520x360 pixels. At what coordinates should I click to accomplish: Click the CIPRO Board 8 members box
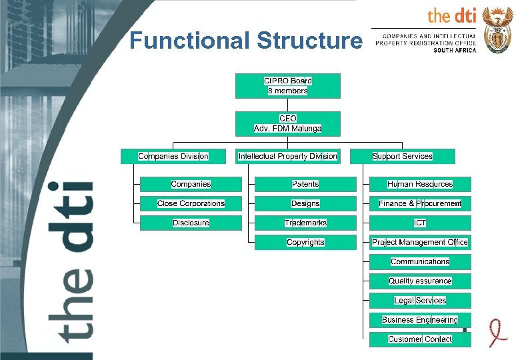tap(287, 85)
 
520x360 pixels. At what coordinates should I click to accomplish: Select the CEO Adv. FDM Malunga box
tap(287, 123)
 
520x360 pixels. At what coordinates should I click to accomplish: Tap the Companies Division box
tap(173, 156)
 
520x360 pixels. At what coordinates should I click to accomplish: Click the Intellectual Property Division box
tap(287, 156)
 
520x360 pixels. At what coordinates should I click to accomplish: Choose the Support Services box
tap(402, 156)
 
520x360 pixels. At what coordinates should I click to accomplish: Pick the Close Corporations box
tap(191, 203)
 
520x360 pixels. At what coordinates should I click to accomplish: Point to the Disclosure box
tap(191, 223)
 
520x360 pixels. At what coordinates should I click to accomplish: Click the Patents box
tap(305, 184)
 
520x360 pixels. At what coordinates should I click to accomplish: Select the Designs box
tap(305, 203)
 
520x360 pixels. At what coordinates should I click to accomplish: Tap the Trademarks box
tap(305, 223)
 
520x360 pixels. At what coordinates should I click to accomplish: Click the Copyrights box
tap(305, 242)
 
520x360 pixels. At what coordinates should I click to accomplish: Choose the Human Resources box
tap(420, 184)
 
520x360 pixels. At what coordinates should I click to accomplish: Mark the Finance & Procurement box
tap(420, 203)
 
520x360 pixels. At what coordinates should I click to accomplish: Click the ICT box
tap(420, 223)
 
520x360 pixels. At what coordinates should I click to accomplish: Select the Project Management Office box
tap(420, 242)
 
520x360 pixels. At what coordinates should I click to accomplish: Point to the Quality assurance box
tap(420, 281)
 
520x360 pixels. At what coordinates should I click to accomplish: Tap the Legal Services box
tap(420, 300)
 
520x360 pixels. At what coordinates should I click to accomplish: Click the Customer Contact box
tap(420, 339)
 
